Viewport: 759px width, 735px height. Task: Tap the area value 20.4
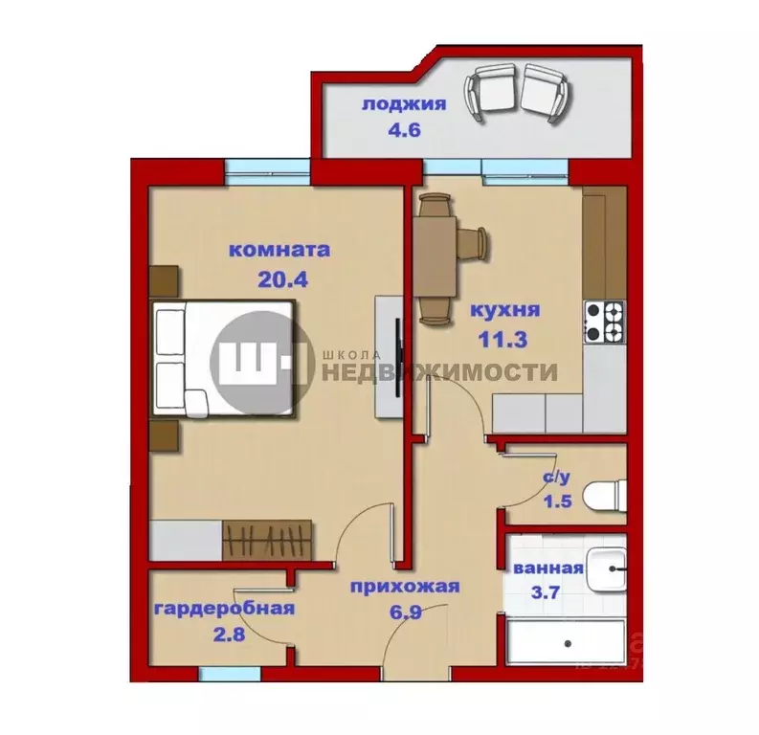[279, 281]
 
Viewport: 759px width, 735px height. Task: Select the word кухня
[506, 310]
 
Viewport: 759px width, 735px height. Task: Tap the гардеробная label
[223, 608]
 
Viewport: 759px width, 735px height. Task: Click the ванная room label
[548, 568]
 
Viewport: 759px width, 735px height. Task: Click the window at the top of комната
[268, 172]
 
